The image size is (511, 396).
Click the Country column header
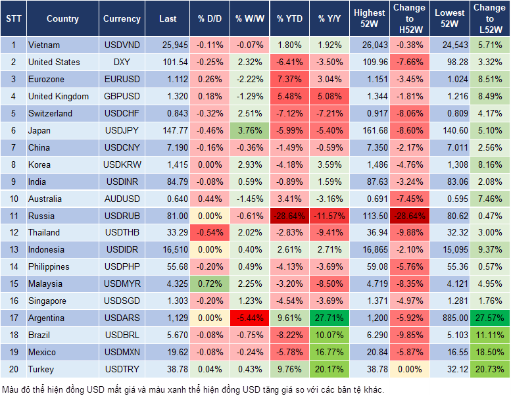coord(62,19)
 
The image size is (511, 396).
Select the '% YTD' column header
coord(289,19)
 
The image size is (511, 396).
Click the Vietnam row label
coord(44,45)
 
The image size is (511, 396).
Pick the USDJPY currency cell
coord(122,131)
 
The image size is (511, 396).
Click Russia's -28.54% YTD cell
coord(289,216)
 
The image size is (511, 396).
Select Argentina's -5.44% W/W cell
coord(249,318)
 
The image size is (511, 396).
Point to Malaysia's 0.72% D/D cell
coord(208,284)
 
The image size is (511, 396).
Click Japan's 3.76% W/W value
coord(249,131)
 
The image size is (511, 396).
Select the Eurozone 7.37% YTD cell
coord(289,80)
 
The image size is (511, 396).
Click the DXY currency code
coord(122,62)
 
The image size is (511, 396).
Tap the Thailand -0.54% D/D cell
coord(208,233)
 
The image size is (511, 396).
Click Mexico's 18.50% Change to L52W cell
coord(490,353)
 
